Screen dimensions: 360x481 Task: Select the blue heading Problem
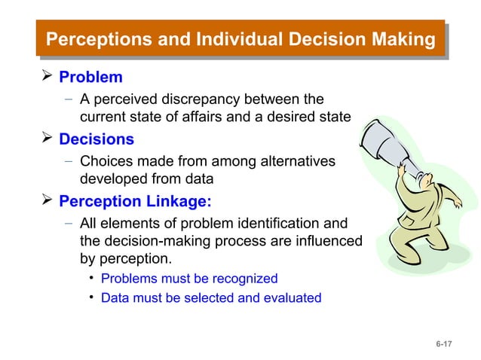(90, 78)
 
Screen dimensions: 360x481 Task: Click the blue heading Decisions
(97, 139)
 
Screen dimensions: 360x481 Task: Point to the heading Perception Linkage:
(136, 201)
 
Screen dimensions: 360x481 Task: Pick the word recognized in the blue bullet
(240, 279)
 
